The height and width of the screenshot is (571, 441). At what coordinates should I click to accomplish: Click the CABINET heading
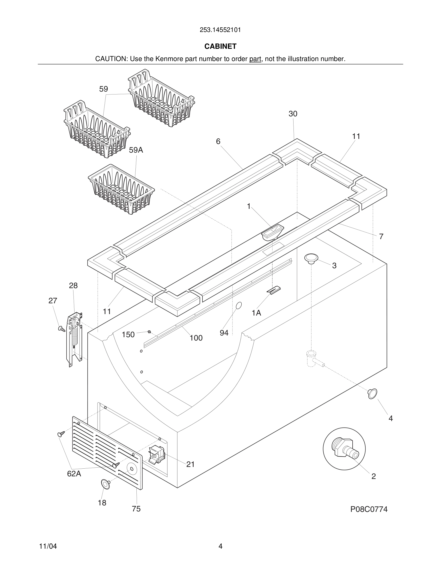(x=220, y=46)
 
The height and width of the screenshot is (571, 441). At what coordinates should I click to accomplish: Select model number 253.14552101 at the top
(x=220, y=30)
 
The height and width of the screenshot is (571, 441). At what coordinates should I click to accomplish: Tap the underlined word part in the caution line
(x=255, y=59)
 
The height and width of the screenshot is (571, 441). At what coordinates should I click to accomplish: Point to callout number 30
(x=293, y=114)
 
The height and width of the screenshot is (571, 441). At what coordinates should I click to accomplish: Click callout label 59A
(x=136, y=150)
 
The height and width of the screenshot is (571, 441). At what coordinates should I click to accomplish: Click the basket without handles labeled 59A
(x=122, y=189)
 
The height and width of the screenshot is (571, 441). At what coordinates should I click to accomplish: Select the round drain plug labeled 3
(x=311, y=258)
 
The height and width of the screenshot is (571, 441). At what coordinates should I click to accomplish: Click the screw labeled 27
(x=62, y=329)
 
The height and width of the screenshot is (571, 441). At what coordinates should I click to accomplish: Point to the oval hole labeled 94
(x=239, y=305)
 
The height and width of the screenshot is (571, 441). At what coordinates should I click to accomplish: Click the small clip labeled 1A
(x=274, y=290)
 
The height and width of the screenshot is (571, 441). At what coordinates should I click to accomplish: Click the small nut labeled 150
(x=149, y=332)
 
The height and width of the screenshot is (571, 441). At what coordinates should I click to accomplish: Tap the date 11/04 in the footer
(x=48, y=546)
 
